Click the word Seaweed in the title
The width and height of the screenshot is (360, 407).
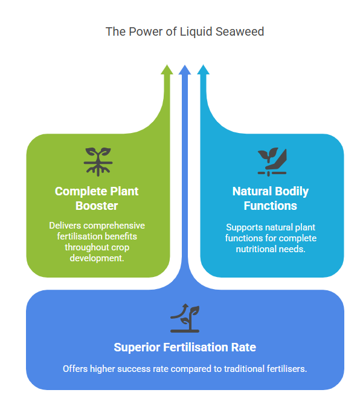click(240, 31)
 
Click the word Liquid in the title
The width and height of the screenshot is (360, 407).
click(196, 31)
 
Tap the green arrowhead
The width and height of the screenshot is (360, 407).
click(167, 70)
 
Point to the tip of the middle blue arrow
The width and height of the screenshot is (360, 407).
click(185, 65)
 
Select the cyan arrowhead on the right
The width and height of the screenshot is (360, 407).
click(204, 70)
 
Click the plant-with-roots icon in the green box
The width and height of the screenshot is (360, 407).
click(98, 161)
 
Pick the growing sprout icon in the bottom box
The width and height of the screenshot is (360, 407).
click(185, 318)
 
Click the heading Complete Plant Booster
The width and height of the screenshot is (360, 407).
click(97, 198)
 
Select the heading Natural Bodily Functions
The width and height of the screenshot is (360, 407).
click(271, 198)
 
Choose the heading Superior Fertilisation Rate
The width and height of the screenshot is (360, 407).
click(185, 347)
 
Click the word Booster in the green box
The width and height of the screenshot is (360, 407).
click(97, 206)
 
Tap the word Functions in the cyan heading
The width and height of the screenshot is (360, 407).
click(271, 206)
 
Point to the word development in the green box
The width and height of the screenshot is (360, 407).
click(97, 258)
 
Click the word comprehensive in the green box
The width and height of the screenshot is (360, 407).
click(114, 226)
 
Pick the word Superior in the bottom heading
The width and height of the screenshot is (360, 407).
click(137, 348)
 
